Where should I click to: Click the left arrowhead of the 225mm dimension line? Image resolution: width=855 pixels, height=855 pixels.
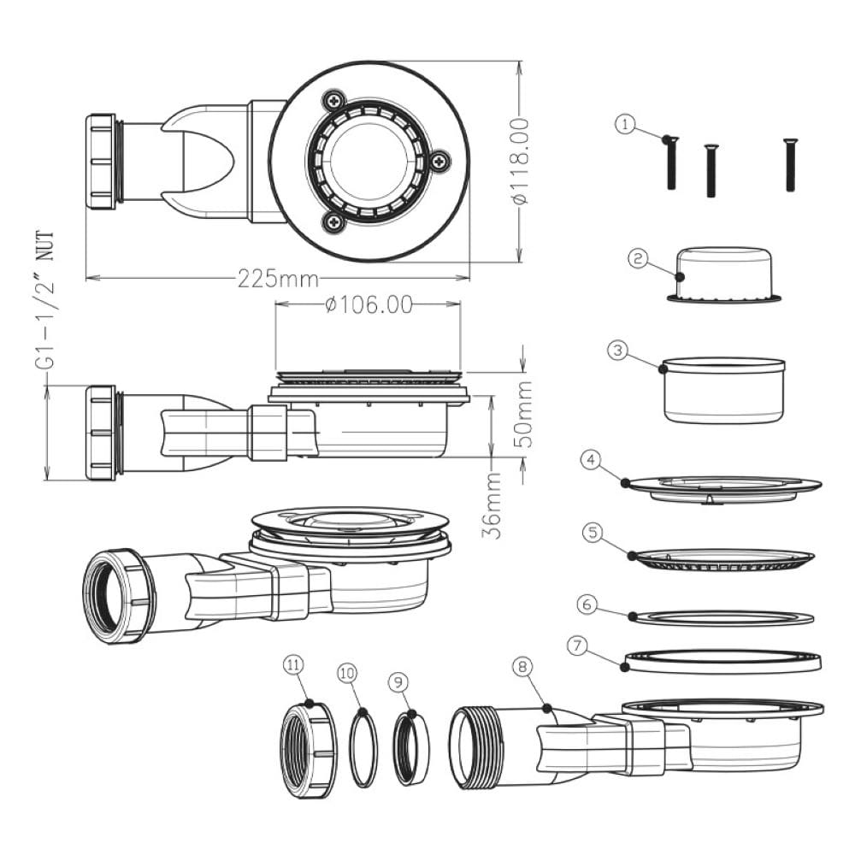(92, 278)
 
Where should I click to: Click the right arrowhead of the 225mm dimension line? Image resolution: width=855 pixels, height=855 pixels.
(463, 278)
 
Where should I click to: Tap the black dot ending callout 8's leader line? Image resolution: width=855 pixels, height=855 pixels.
(547, 708)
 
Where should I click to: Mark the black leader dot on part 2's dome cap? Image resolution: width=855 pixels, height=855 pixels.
(680, 276)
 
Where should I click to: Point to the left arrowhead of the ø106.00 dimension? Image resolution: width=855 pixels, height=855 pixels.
(282, 304)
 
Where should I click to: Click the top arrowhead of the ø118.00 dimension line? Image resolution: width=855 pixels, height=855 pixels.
(520, 68)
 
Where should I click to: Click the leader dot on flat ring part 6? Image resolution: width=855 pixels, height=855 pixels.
(632, 616)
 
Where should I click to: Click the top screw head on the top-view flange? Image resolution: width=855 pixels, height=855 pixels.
(333, 100)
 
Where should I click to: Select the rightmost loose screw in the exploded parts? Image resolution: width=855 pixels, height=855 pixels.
(790, 165)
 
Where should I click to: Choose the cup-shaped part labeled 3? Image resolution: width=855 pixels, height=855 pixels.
(724, 391)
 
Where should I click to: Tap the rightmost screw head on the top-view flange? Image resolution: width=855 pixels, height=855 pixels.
(439, 161)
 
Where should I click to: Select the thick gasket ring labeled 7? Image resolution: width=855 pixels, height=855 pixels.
(722, 662)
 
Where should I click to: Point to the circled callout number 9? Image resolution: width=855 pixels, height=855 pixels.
(398, 682)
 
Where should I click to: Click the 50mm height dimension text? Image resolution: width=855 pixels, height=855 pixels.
(524, 416)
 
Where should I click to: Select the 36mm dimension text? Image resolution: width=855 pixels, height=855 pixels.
(492, 505)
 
